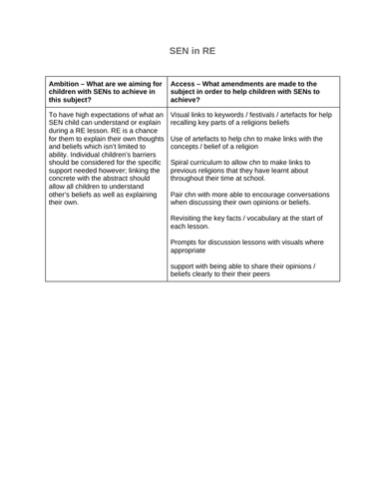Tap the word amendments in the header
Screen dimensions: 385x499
click(x=254, y=84)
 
